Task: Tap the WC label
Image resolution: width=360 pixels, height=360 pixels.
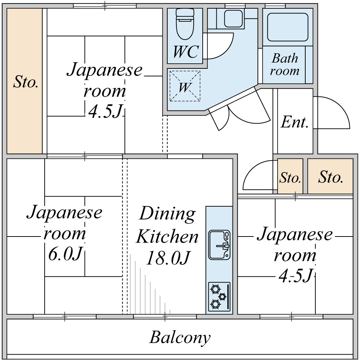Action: [185, 52]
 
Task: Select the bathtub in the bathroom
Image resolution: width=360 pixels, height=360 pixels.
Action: [288, 27]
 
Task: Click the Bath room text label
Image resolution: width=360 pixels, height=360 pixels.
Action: [285, 64]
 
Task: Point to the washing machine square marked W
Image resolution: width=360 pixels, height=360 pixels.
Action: [185, 86]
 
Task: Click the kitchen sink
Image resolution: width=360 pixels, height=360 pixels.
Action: [219, 245]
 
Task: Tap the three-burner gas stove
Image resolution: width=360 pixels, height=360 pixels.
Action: [219, 297]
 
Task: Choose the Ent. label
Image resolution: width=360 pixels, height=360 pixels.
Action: [294, 122]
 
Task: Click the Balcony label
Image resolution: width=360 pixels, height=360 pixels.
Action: [180, 338]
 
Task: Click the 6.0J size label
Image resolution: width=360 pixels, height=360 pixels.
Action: [65, 254]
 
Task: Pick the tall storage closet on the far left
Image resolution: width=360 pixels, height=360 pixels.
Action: [24, 81]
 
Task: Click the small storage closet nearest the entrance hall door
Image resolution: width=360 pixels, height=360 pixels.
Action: [290, 176]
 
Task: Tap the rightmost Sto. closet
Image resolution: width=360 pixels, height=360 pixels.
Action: [330, 176]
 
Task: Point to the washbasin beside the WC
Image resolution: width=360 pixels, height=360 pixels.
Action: [233, 18]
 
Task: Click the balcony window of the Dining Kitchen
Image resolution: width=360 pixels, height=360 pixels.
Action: [165, 316]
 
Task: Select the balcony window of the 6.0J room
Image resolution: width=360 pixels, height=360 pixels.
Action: [64, 316]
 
